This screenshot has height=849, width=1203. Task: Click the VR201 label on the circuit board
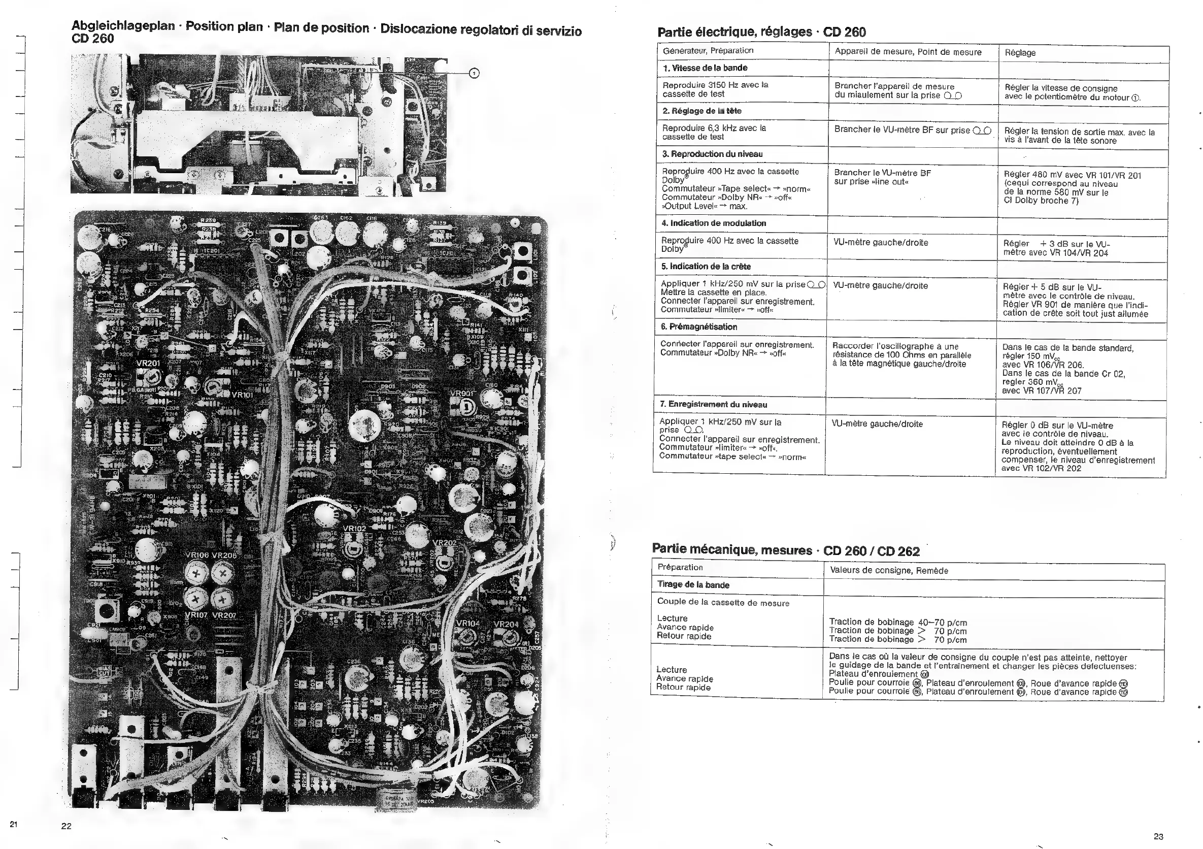click(x=148, y=364)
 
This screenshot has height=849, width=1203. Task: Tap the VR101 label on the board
click(x=243, y=395)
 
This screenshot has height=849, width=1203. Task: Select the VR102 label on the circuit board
click(x=354, y=529)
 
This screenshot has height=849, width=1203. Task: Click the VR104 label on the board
click(x=468, y=624)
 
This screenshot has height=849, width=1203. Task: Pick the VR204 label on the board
click(x=506, y=624)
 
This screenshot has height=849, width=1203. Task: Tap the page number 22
click(x=66, y=827)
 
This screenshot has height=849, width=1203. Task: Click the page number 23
click(x=1158, y=836)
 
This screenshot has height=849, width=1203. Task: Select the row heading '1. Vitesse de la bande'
click(x=705, y=68)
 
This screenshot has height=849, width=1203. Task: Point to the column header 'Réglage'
click(x=1020, y=53)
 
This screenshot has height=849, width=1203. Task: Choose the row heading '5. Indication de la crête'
click(x=706, y=266)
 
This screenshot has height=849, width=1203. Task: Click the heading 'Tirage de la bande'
click(x=693, y=585)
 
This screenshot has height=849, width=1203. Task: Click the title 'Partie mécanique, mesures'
click(x=731, y=549)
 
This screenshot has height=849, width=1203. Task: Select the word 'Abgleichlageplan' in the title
click(x=123, y=26)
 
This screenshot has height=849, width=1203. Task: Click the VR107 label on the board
click(x=196, y=615)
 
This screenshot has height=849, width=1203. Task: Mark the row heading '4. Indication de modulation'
click(x=713, y=223)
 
